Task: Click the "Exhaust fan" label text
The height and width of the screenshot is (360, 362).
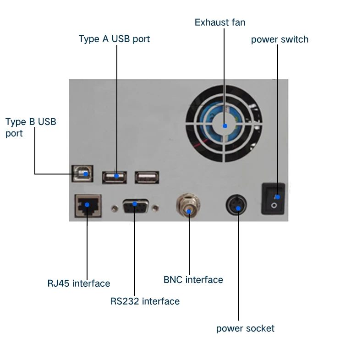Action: click(220, 22)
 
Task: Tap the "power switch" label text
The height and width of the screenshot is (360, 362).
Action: click(280, 39)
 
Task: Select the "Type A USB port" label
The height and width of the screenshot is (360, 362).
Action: click(114, 39)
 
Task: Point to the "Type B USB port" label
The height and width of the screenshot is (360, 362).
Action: click(31, 127)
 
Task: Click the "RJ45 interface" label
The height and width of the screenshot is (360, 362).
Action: click(79, 284)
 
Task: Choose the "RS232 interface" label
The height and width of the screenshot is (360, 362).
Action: click(145, 301)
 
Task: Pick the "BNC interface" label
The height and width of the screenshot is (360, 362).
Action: click(193, 279)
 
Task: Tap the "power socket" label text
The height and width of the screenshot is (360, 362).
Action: click(245, 328)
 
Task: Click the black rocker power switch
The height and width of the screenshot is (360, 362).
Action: click(273, 198)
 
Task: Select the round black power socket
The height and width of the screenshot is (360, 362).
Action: click(238, 206)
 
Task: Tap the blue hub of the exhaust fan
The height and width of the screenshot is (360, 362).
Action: click(224, 125)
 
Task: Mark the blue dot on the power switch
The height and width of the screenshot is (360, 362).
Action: click(277, 197)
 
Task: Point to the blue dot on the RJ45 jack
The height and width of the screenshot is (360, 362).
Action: click(87, 205)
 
